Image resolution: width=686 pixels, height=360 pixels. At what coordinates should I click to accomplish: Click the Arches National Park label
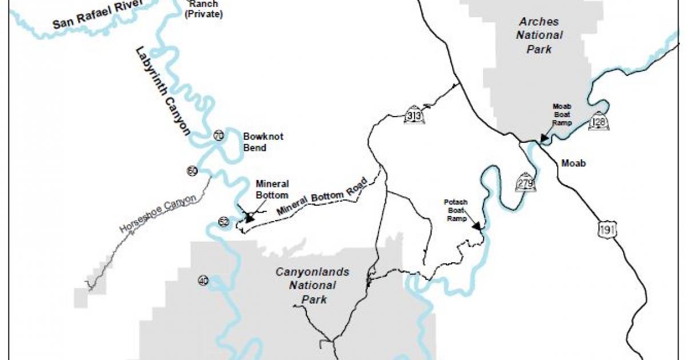(540, 35)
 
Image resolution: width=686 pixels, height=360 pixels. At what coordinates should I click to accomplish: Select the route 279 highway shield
(525, 182)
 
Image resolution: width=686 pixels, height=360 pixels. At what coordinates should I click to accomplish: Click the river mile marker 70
(218, 135)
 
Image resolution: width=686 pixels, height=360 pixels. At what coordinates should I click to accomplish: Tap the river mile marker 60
(192, 170)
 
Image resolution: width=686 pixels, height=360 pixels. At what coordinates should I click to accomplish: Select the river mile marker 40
(203, 280)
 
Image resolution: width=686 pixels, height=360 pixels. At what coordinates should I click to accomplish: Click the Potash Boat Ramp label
(456, 210)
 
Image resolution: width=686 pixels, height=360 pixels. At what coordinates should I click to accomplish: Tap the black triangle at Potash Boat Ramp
(476, 226)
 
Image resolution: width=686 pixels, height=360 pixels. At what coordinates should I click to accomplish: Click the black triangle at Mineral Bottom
(249, 217)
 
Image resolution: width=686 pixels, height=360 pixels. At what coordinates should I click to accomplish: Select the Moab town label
(573, 163)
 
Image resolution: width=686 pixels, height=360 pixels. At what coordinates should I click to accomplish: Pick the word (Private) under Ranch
(203, 14)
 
